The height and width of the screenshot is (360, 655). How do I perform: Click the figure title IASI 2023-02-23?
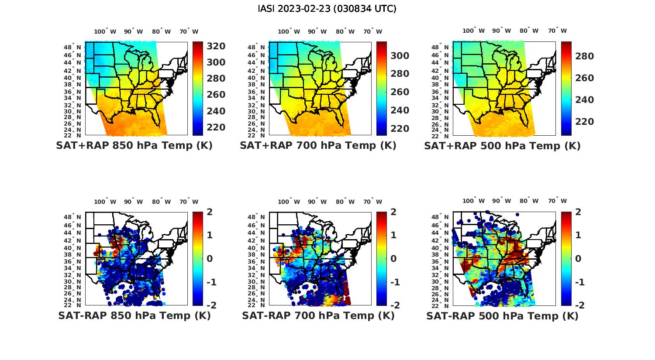tap(327, 9)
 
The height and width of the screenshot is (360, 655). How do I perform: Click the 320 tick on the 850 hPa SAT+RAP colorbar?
tap(216, 46)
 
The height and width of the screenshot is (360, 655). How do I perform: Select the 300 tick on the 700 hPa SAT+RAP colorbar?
tap(400, 55)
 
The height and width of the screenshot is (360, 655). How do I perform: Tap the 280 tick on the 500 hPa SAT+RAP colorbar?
tap(585, 56)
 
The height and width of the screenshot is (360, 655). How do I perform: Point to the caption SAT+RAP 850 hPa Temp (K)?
tap(134, 146)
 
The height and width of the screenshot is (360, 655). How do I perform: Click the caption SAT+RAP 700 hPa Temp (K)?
tap(318, 146)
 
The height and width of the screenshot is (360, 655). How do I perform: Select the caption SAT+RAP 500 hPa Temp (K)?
tap(502, 146)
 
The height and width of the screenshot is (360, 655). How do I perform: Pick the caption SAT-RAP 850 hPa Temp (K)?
tap(134, 315)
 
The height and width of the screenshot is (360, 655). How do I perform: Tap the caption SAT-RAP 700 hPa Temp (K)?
tap(318, 315)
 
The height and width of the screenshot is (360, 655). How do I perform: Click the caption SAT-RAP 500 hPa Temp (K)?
tap(502, 315)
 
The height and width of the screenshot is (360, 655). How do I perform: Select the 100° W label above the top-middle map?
tap(289, 31)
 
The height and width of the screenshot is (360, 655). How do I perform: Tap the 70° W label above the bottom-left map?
tap(189, 202)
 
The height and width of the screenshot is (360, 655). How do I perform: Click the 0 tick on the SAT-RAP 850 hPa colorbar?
tap(210, 258)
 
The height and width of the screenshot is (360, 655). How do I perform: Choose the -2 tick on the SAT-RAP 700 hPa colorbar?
tap(394, 305)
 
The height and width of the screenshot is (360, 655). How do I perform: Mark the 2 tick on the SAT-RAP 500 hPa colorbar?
tap(579, 212)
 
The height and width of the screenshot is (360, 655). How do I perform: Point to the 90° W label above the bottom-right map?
tap(501, 201)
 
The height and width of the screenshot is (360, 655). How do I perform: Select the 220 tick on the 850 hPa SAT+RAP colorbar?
tap(216, 127)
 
